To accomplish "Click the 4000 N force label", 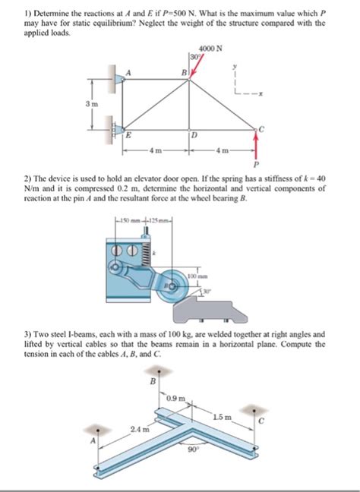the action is point(210,49).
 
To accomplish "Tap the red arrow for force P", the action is point(256,145).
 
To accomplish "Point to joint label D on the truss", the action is point(194,136).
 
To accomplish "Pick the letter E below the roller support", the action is point(128,136).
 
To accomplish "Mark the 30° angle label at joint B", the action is point(194,57).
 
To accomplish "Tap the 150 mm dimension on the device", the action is point(129,219).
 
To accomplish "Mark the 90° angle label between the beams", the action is point(192,449).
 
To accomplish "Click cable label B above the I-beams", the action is point(153,381).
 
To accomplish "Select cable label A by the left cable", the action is point(93,440).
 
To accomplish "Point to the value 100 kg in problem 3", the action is point(178,334).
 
